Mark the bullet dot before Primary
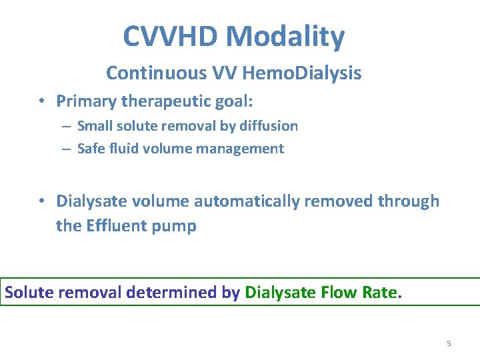pyautogui.click(x=41, y=101)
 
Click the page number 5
pyautogui.click(x=449, y=343)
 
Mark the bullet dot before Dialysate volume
pyautogui.click(x=41, y=201)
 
